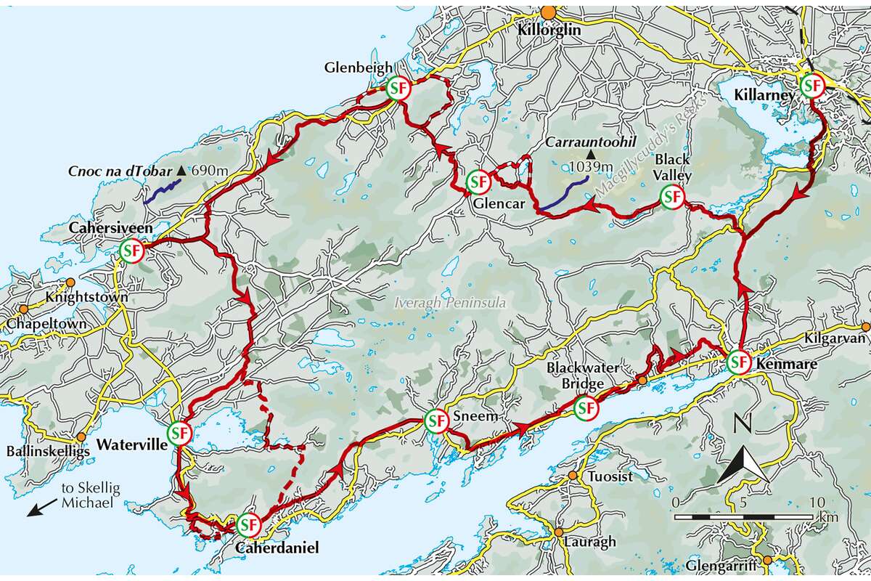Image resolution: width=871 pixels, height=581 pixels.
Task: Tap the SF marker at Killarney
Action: point(812,86)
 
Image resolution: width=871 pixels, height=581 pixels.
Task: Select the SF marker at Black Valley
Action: point(672,197)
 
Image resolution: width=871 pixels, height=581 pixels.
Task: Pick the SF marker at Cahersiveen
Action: point(131,251)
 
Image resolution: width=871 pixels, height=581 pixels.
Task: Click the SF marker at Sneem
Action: point(435,420)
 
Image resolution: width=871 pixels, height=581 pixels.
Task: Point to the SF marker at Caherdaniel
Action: point(248,524)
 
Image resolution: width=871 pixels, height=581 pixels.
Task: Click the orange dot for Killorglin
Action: point(549,12)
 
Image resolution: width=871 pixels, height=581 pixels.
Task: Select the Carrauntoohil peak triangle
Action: point(592,155)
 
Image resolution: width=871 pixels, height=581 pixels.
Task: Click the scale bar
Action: point(743,517)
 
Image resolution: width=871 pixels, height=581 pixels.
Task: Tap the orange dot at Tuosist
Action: point(573,476)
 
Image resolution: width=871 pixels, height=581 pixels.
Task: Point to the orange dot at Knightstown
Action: point(70,283)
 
